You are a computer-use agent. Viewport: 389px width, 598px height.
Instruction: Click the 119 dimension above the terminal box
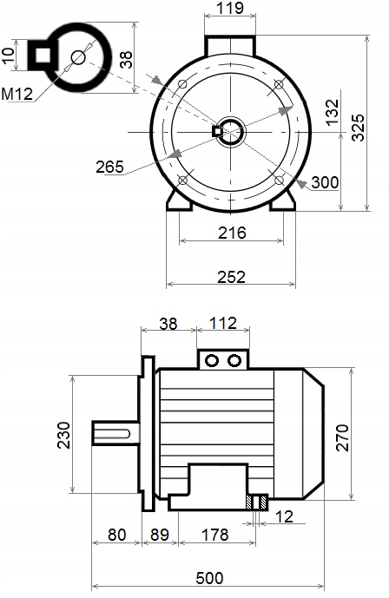coord(230,8)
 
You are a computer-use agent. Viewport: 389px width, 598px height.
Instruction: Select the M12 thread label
coord(16,94)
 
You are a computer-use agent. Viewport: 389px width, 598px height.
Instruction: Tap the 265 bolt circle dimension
coord(109,167)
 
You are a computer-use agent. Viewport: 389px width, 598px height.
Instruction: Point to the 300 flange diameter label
coord(325,182)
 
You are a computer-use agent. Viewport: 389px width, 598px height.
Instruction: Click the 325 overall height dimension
coord(358,128)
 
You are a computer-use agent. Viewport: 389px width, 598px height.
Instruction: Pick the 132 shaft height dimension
coord(333,112)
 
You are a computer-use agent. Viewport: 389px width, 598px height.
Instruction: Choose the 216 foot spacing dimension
coord(232,233)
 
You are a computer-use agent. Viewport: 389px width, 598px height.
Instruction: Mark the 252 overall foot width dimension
coord(232,277)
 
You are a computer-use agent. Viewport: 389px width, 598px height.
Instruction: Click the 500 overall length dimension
coord(209,578)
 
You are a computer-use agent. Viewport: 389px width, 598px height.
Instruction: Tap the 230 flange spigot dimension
coord(64,435)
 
